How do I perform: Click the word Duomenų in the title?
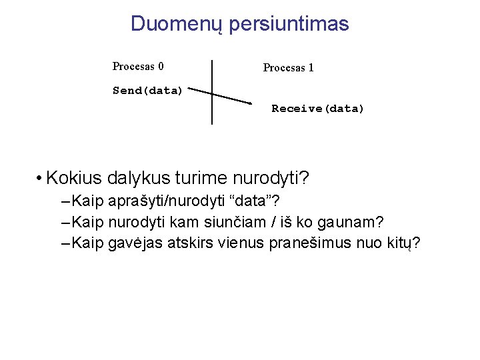[177, 24]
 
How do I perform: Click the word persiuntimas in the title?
[289, 24]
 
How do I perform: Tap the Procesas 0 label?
[138, 66]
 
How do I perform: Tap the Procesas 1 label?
[288, 67]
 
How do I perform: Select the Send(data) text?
[147, 91]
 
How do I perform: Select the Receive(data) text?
[318, 109]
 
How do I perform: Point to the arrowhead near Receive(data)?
[248, 103]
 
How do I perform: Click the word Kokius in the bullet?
[73, 179]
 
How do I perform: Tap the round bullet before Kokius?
[41, 179]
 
